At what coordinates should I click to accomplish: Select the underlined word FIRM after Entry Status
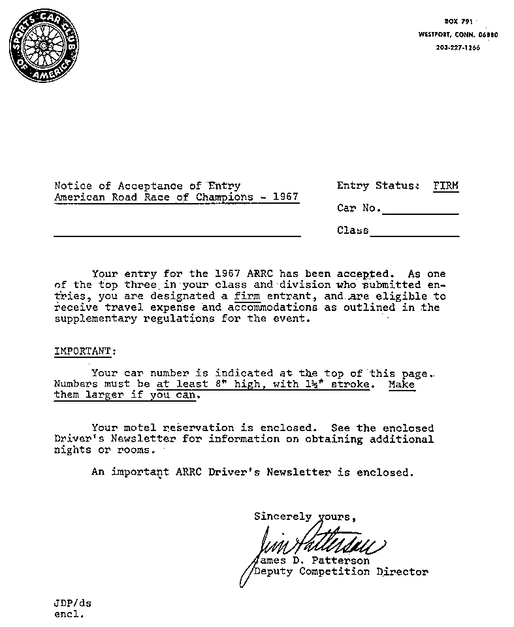[x=446, y=186]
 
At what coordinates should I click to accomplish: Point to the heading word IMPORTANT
[x=82, y=351]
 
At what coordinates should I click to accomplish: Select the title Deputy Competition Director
[x=341, y=572]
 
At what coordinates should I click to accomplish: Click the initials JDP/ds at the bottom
[x=72, y=603]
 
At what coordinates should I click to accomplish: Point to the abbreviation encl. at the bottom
[x=69, y=615]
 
